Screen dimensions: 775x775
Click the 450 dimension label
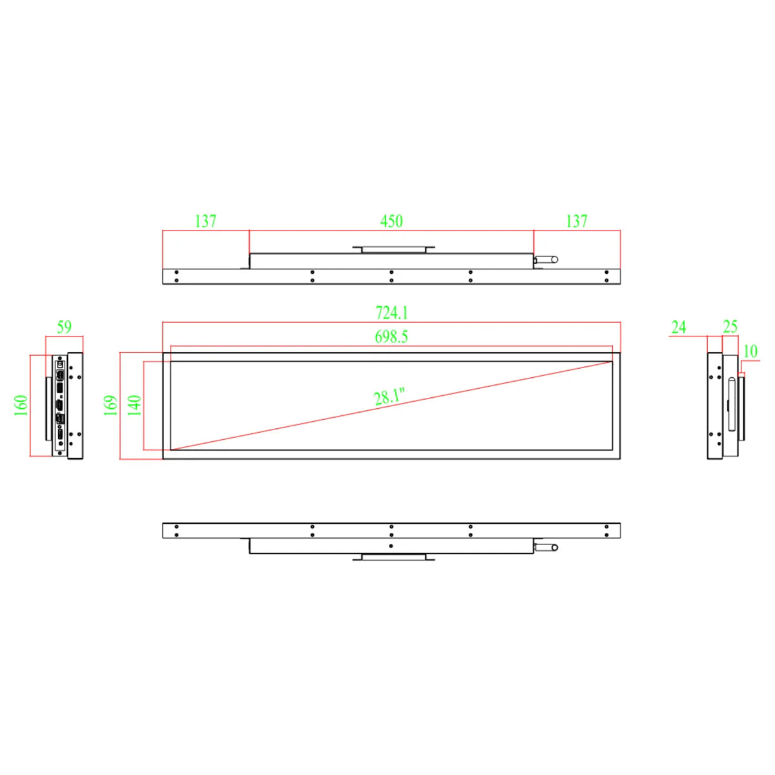tap(391, 221)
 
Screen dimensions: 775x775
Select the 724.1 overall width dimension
tap(391, 313)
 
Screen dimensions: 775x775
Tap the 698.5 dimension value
tap(391, 336)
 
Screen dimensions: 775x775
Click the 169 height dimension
tap(110, 406)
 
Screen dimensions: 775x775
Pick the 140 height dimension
tap(134, 406)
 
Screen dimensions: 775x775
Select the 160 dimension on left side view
tap(21, 406)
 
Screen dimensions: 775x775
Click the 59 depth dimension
tap(64, 327)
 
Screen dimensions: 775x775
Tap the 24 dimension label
tap(678, 327)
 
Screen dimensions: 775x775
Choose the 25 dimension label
tap(730, 327)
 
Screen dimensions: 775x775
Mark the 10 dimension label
tap(750, 351)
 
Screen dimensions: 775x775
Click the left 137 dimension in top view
tap(205, 221)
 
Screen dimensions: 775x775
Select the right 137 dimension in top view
tap(577, 221)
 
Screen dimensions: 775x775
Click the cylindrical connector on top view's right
tap(546, 260)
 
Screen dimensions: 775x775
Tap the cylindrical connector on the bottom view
tap(546, 548)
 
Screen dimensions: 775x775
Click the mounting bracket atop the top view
tap(393, 249)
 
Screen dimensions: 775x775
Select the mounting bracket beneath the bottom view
tap(393, 557)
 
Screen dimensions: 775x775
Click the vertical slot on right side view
tap(732, 405)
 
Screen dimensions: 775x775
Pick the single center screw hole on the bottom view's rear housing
tap(391, 546)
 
